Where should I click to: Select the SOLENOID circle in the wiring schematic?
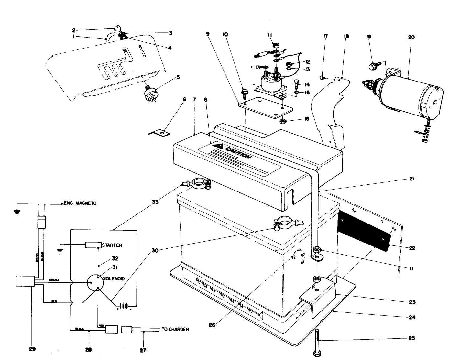(x=96, y=282)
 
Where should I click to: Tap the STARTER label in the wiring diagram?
(x=112, y=245)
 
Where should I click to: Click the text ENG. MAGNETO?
(x=80, y=203)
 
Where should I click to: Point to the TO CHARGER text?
(x=175, y=329)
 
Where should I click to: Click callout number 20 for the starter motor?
(x=411, y=37)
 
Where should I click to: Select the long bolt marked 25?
(x=317, y=343)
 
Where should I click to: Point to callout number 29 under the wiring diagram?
(x=32, y=349)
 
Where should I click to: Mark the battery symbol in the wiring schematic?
(x=124, y=305)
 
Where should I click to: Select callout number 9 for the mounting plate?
(x=207, y=33)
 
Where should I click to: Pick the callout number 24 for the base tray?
(x=411, y=317)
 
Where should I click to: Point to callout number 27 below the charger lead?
(x=143, y=350)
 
